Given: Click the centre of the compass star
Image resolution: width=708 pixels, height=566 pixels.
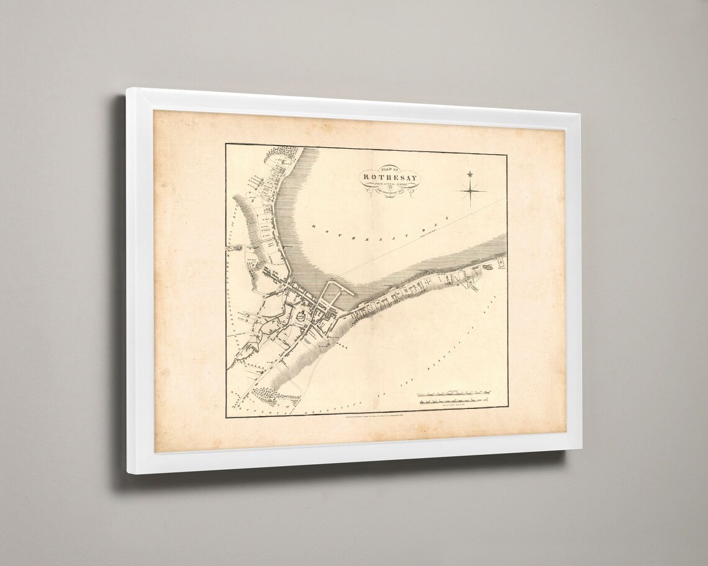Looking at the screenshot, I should (473, 191).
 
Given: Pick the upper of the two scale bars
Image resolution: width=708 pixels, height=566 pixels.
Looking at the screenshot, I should (456, 393).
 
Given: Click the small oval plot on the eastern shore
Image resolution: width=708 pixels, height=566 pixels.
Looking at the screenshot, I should (489, 267).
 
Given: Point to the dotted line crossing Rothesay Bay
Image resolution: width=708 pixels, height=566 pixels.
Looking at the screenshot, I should (404, 254).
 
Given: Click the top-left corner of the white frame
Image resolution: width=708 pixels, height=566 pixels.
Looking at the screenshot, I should (129, 91).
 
